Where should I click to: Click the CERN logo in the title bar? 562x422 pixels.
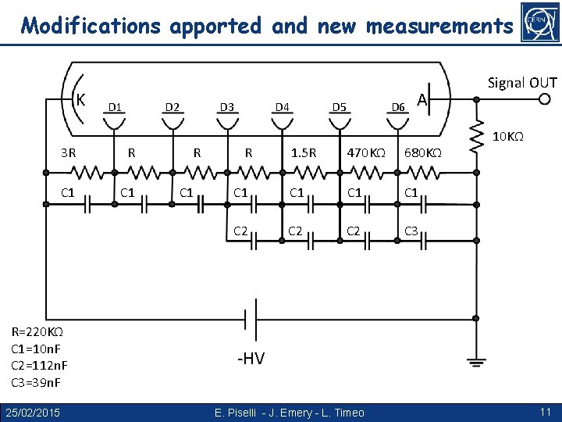(538, 23)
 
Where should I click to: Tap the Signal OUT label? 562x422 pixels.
(522, 83)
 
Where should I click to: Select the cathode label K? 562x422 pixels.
(80, 99)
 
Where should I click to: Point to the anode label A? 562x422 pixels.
(421, 99)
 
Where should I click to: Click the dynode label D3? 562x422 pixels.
(227, 106)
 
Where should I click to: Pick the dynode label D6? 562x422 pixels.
(398, 106)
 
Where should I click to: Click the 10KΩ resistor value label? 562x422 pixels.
(507, 138)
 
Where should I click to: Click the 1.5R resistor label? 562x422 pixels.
(304, 153)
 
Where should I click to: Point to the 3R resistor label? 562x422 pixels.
(69, 153)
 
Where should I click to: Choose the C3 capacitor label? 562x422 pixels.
(412, 231)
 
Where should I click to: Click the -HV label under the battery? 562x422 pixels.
(251, 359)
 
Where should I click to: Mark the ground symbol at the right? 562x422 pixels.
(475, 361)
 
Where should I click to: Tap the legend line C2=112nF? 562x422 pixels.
(39, 366)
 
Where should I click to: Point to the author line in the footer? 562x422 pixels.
(289, 412)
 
